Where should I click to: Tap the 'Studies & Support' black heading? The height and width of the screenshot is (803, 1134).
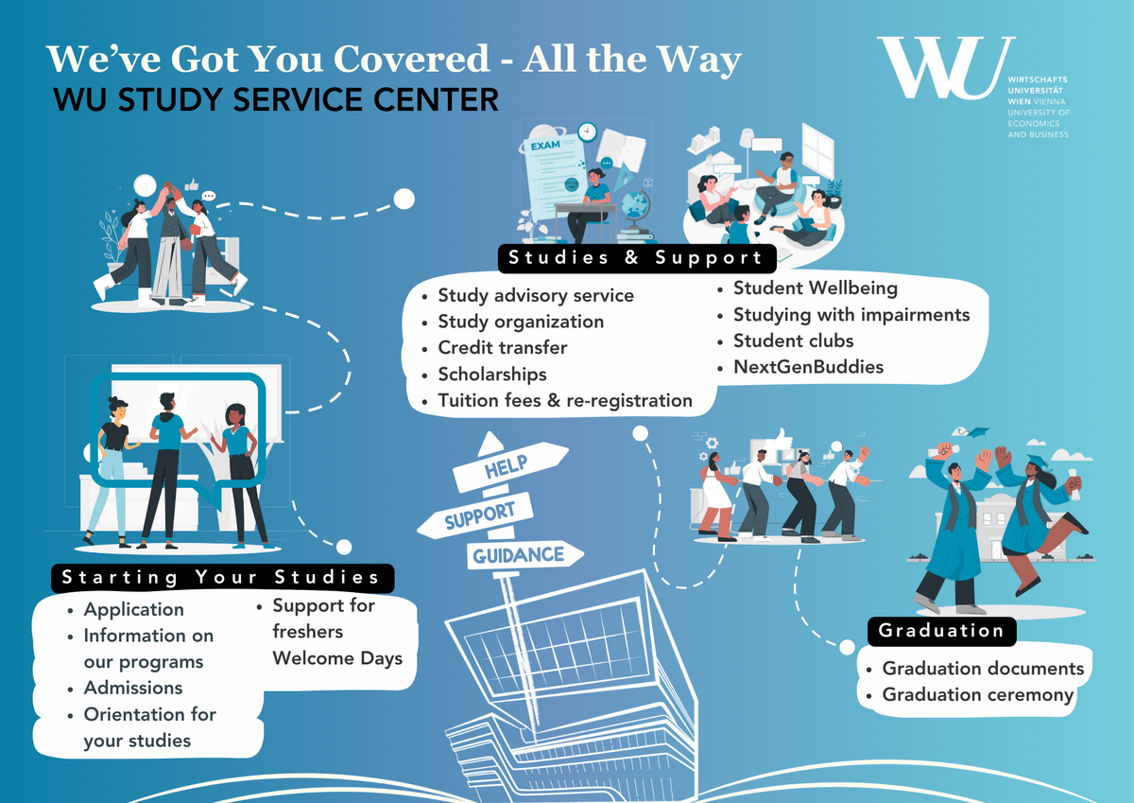[634, 257]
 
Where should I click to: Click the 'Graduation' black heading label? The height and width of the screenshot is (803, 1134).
[941, 631]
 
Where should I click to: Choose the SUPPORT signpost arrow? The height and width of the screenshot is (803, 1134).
[479, 515]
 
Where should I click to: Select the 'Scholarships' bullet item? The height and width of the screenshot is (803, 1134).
[491, 375]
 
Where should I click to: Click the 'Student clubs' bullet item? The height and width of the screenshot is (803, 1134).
[793, 340]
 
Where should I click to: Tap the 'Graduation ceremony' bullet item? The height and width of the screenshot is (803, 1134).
[977, 695]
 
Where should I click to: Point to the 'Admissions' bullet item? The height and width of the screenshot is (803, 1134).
[132, 688]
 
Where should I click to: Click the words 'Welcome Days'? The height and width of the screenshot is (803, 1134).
[337, 657]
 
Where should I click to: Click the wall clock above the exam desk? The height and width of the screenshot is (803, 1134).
[588, 131]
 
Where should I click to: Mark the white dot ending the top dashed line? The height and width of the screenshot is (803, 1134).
[404, 199]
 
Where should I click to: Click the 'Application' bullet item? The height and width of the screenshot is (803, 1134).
[133, 609]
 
